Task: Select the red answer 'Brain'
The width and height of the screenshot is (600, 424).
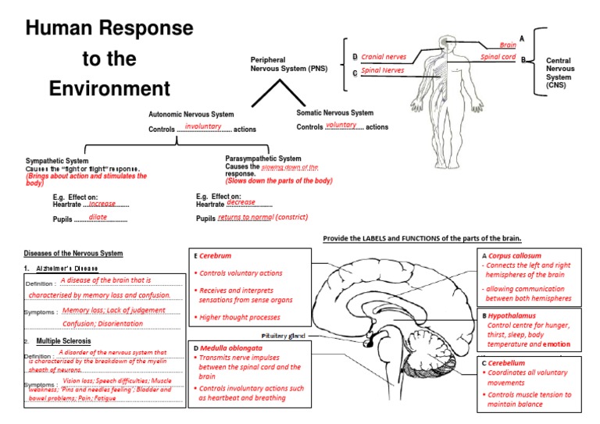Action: (508, 45)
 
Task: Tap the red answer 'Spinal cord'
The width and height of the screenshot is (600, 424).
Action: (498, 57)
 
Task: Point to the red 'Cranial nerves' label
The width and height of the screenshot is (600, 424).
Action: (384, 57)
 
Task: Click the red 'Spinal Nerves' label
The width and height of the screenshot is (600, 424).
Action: (383, 70)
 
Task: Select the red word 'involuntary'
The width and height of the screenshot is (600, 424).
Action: (203, 126)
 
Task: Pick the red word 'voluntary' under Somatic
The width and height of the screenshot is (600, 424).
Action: (341, 125)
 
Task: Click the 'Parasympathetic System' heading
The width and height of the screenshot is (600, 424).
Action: (262, 159)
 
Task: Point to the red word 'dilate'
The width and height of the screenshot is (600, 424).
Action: (98, 217)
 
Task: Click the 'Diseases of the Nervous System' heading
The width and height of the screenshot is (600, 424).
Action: (73, 253)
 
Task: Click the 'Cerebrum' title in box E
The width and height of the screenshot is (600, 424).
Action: (215, 255)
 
